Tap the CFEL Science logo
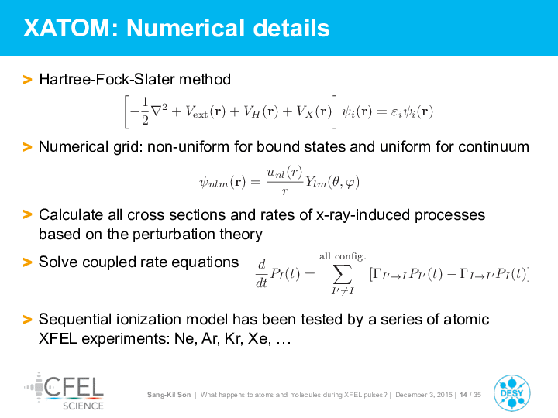64,392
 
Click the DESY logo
511,393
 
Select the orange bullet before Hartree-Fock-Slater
27,79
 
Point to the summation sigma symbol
343,274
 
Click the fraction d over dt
262,273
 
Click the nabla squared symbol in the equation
159,111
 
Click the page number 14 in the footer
463,395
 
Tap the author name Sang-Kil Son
169,395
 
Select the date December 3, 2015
423,395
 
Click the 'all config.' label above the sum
343,257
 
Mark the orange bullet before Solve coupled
27,262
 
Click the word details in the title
291,28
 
